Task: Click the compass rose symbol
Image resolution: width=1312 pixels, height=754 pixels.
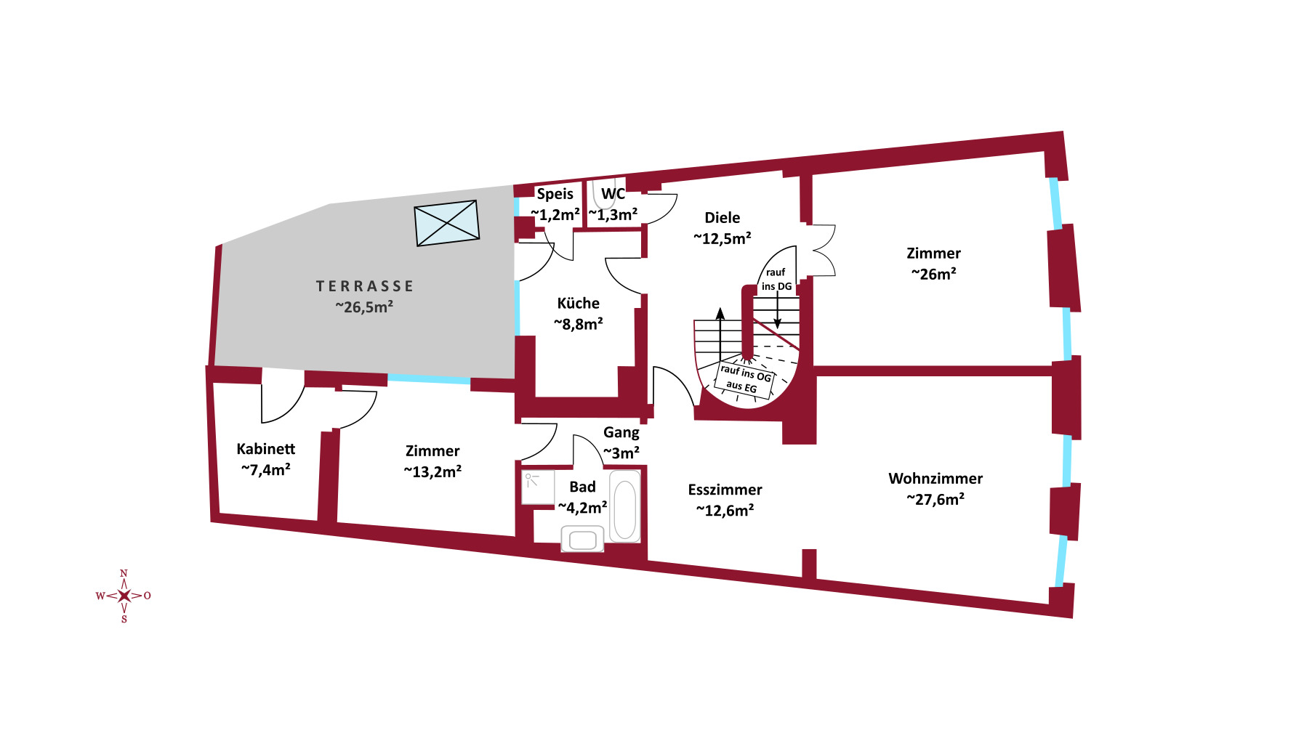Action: coord(124,596)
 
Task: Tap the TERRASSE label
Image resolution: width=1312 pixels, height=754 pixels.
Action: coord(365,286)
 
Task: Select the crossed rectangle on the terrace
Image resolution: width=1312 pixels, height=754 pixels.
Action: coord(447,223)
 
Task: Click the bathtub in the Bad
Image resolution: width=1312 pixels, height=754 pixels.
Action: coord(624,506)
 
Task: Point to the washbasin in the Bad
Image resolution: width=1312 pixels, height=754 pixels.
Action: coord(583,540)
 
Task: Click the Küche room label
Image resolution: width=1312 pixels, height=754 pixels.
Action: coord(579,304)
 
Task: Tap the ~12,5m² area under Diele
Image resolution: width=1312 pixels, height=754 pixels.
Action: coord(722,238)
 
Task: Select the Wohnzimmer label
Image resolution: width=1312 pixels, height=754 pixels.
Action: coord(935,479)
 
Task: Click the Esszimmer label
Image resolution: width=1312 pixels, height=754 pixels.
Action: coord(725,490)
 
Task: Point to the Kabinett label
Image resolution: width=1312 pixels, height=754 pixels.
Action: coord(266,449)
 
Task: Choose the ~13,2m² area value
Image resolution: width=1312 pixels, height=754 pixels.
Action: coord(432,471)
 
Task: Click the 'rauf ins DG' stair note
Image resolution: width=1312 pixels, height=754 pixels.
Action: coord(776,279)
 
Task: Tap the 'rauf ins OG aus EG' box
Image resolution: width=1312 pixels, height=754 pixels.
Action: coord(745,379)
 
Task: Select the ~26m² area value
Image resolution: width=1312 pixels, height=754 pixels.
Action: coord(934,274)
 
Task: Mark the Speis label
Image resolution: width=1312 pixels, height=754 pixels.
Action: coord(555,194)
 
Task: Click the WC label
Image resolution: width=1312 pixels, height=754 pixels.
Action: coord(613,194)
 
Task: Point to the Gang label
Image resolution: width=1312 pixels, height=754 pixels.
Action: coord(621,432)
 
